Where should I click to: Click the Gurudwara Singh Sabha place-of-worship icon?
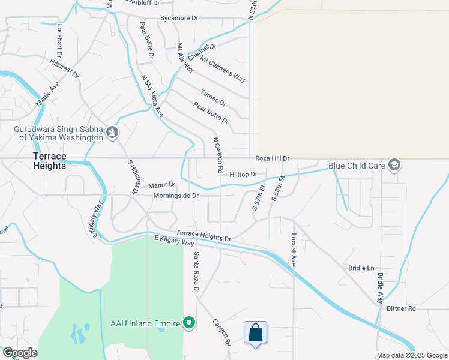(112, 132)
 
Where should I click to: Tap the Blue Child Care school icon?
(394, 165)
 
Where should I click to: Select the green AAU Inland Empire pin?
(190, 323)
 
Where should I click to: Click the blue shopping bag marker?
(255, 333)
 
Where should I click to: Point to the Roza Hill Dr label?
(273, 158)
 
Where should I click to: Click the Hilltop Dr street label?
(243, 175)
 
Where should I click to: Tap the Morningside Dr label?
(176, 196)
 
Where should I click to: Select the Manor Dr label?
(161, 185)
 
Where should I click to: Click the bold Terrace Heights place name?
(49, 161)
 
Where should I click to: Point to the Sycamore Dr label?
(179, 19)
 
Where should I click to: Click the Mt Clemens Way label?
(223, 69)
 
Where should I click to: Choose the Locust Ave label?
(294, 250)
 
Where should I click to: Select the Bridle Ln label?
(361, 268)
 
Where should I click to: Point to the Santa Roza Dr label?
(195, 272)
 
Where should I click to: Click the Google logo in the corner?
(20, 353)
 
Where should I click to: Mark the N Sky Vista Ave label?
(152, 95)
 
